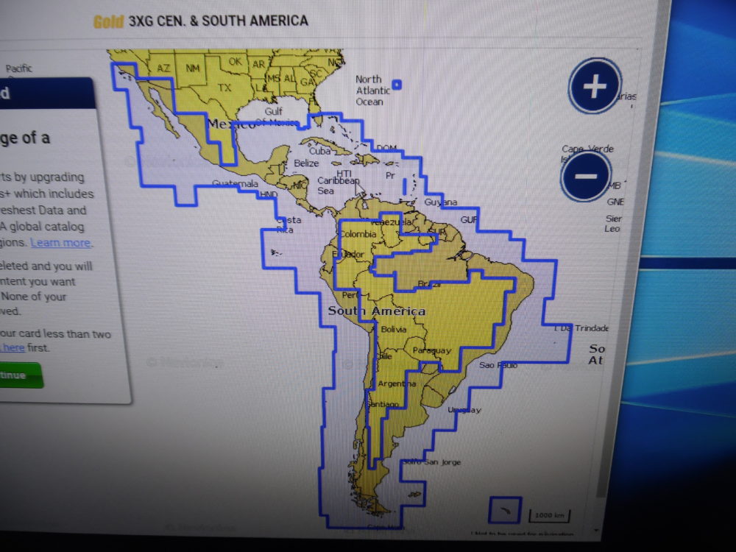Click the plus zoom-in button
click(x=595, y=87)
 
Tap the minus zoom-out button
click(x=585, y=176)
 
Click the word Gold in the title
click(x=108, y=21)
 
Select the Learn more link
click(x=60, y=243)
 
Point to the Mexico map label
click(x=231, y=124)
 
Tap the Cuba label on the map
click(x=319, y=151)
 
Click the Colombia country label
click(x=357, y=235)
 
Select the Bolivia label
click(x=394, y=329)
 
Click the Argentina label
click(x=397, y=383)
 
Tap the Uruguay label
click(x=464, y=409)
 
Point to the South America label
click(x=376, y=311)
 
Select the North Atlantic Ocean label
click(x=372, y=90)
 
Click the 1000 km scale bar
click(x=550, y=514)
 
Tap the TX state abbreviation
click(x=224, y=88)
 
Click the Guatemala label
click(x=235, y=183)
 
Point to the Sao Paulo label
click(x=498, y=365)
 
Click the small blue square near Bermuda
click(x=397, y=85)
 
